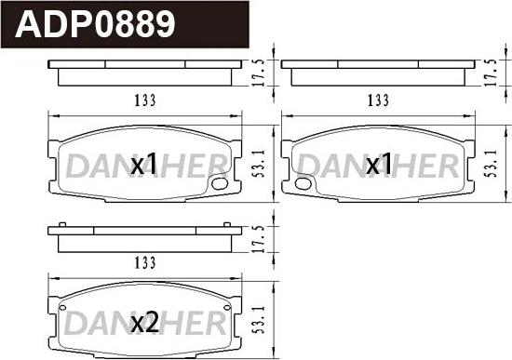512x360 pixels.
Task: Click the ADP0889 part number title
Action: [95, 24]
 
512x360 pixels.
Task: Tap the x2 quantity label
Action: [144, 322]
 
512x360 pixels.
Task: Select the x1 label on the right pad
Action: [379, 163]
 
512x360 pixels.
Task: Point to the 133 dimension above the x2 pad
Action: [145, 263]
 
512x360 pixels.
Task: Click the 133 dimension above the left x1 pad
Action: [145, 100]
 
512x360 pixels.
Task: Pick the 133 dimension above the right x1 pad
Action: [379, 100]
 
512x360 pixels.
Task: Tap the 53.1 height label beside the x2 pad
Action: [260, 319]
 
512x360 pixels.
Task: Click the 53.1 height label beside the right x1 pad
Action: [492, 163]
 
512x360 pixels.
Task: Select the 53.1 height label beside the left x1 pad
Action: [260, 163]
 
